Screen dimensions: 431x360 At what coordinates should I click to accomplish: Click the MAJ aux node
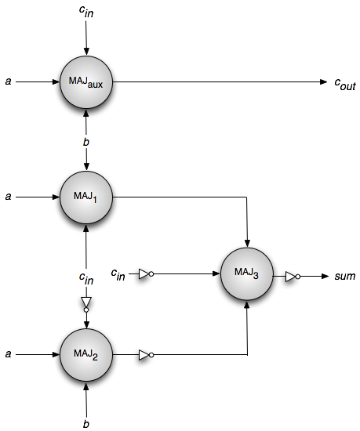(x=86, y=81)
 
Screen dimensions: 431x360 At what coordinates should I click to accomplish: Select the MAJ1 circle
(x=86, y=197)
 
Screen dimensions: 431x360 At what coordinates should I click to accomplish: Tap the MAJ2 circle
(x=86, y=355)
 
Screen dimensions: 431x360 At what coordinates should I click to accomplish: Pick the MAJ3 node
(x=247, y=273)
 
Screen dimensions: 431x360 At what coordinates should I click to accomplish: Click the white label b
(x=86, y=142)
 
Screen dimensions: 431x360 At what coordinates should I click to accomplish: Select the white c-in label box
(x=86, y=278)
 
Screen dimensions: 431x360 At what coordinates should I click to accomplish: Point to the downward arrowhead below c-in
(x=86, y=302)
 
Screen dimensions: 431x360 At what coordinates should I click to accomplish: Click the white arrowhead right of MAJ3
(x=290, y=277)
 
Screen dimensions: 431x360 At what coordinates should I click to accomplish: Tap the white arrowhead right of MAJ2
(x=144, y=355)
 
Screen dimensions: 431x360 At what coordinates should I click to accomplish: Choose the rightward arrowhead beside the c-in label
(x=144, y=274)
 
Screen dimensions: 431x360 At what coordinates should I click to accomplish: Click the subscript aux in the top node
(x=96, y=85)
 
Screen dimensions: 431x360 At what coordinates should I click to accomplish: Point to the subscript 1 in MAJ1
(x=95, y=200)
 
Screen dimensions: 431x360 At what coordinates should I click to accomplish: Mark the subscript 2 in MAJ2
(x=95, y=357)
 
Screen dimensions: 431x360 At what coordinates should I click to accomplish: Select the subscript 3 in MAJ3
(x=256, y=276)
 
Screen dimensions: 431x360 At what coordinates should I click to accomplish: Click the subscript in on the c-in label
(x=90, y=281)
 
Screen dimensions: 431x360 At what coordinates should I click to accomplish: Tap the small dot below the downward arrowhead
(x=86, y=310)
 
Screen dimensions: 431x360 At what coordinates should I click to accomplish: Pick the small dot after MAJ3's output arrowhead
(x=298, y=277)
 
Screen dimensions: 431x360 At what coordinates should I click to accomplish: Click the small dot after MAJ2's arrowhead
(x=151, y=355)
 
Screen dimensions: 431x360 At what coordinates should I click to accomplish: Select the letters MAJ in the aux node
(x=78, y=80)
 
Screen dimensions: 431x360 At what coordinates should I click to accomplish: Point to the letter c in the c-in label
(x=82, y=277)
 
